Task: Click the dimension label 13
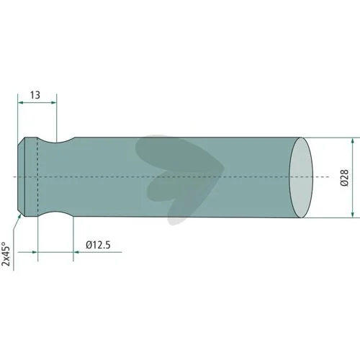pos(35,95)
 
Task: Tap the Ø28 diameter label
pos(344,178)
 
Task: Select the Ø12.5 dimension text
pos(98,245)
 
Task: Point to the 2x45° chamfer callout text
pos(6,253)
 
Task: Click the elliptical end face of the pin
pos(301,178)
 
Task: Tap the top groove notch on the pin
pos(56,140)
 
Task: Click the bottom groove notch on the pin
pos(56,214)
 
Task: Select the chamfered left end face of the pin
pos(22,177)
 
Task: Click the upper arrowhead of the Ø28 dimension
pos(352,140)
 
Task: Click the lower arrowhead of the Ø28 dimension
pos(352,215)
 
